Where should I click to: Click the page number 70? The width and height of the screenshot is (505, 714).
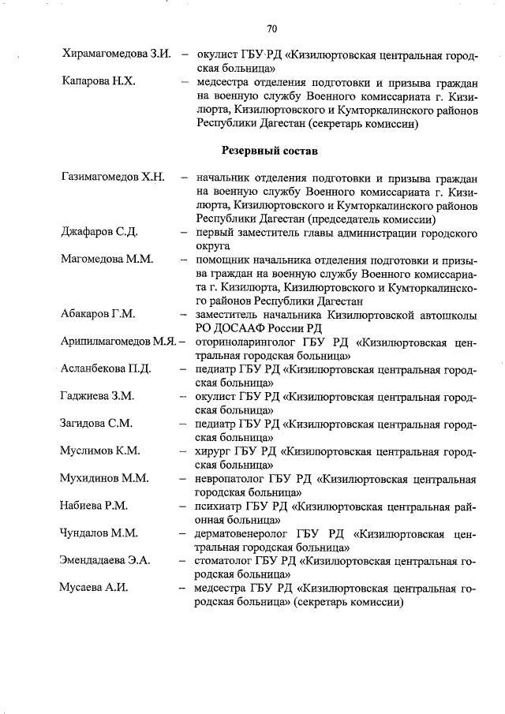click(271, 29)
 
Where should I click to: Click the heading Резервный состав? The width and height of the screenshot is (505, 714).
click(270, 149)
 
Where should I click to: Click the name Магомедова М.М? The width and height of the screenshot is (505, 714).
click(107, 259)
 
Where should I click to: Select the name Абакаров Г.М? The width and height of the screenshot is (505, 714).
click(99, 313)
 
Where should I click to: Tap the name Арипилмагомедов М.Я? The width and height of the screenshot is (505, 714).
click(118, 341)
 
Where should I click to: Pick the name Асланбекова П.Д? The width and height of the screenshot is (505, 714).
click(106, 368)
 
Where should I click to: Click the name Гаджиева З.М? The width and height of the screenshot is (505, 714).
click(97, 395)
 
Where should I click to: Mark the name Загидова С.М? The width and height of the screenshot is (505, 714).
click(96, 423)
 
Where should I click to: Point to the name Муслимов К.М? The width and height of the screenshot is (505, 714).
click(100, 450)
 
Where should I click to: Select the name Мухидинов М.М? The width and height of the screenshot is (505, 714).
click(105, 478)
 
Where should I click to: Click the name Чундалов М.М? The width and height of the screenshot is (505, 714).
click(99, 533)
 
